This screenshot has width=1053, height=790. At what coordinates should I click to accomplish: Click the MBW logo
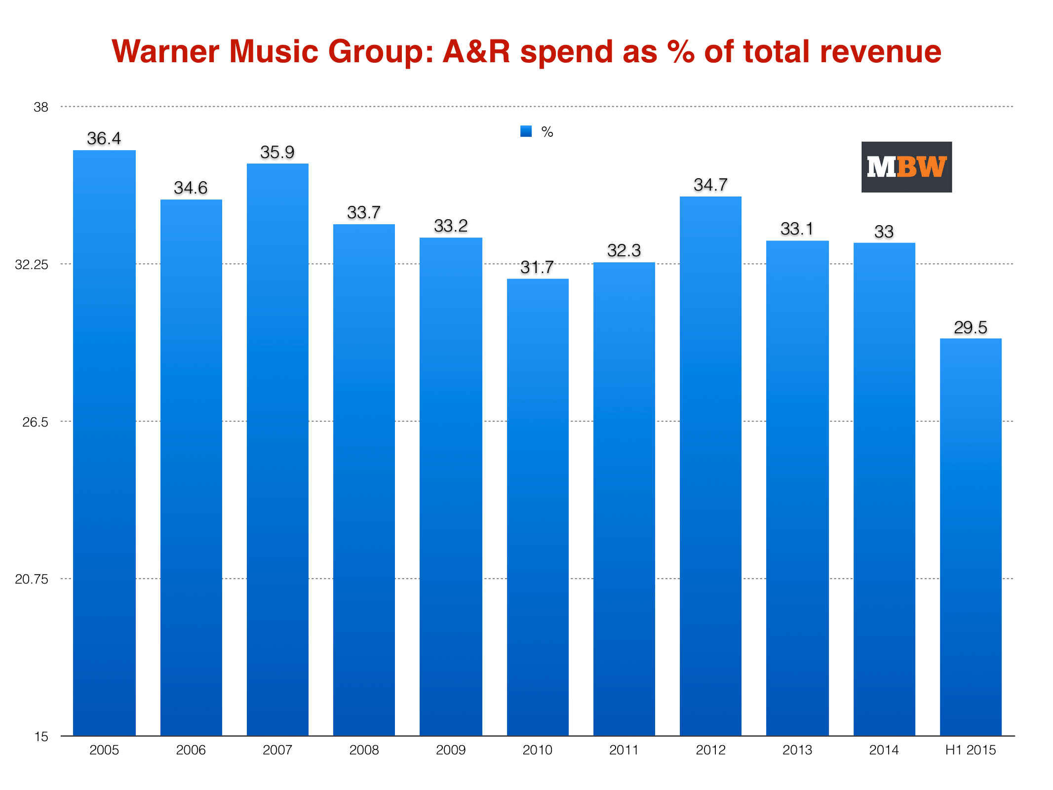pyautogui.click(x=906, y=167)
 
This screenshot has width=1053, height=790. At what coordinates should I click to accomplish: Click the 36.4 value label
pyautogui.click(x=104, y=138)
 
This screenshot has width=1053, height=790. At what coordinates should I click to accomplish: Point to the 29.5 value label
pyautogui.click(x=970, y=327)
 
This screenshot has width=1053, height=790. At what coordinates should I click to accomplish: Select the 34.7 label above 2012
pyautogui.click(x=710, y=185)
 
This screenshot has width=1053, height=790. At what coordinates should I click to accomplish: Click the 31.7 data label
pyautogui.click(x=537, y=267)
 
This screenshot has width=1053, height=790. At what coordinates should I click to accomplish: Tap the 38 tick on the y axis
pyautogui.click(x=41, y=107)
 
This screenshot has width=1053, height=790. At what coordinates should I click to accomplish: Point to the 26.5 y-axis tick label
pyautogui.click(x=35, y=422)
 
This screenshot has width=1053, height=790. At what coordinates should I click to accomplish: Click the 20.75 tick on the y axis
pyautogui.click(x=32, y=579)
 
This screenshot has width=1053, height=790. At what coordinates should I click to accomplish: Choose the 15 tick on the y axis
pyautogui.click(x=41, y=737)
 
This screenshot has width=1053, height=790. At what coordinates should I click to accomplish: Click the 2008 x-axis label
pyautogui.click(x=364, y=750)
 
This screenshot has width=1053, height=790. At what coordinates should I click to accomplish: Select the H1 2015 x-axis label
pyautogui.click(x=971, y=750)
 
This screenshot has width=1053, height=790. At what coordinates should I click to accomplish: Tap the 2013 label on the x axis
pyautogui.click(x=797, y=750)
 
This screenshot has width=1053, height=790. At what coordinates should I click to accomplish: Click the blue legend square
pyautogui.click(x=526, y=131)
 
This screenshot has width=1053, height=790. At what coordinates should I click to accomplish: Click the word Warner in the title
pyautogui.click(x=165, y=51)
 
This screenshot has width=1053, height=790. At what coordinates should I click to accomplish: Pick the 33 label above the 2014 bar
pyautogui.click(x=884, y=232)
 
